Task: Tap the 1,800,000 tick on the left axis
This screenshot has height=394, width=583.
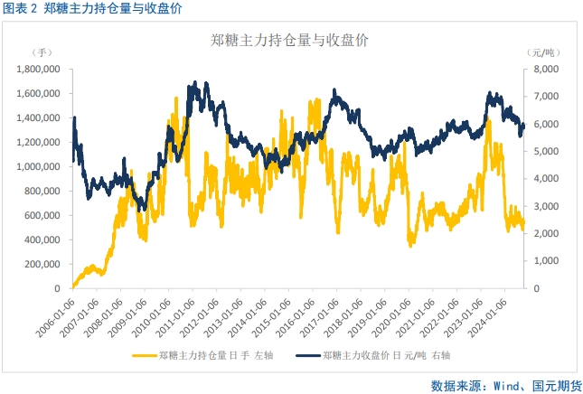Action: pyautogui.click(x=39, y=69)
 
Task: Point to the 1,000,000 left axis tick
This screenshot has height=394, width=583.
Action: pyautogui.click(x=39, y=166)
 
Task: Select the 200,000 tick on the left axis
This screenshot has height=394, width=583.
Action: pyautogui.click(x=43, y=264)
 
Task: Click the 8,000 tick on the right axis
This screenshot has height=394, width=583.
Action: pyautogui.click(x=545, y=69)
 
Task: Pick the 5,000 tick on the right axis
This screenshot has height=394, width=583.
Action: pyautogui.click(x=545, y=151)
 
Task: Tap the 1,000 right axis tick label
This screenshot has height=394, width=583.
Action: pyautogui.click(x=545, y=261)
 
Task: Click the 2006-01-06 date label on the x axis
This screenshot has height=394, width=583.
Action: pyautogui.click(x=56, y=312)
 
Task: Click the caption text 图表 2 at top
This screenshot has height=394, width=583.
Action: pyautogui.click(x=20, y=9)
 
